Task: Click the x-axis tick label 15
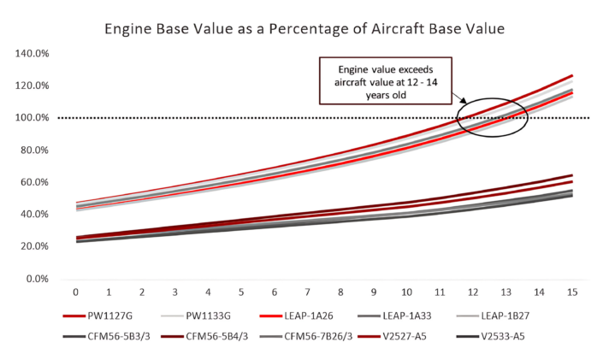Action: (571, 292)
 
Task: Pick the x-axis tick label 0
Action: (75, 292)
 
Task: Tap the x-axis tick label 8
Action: (340, 292)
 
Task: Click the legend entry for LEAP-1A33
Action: (456, 316)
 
